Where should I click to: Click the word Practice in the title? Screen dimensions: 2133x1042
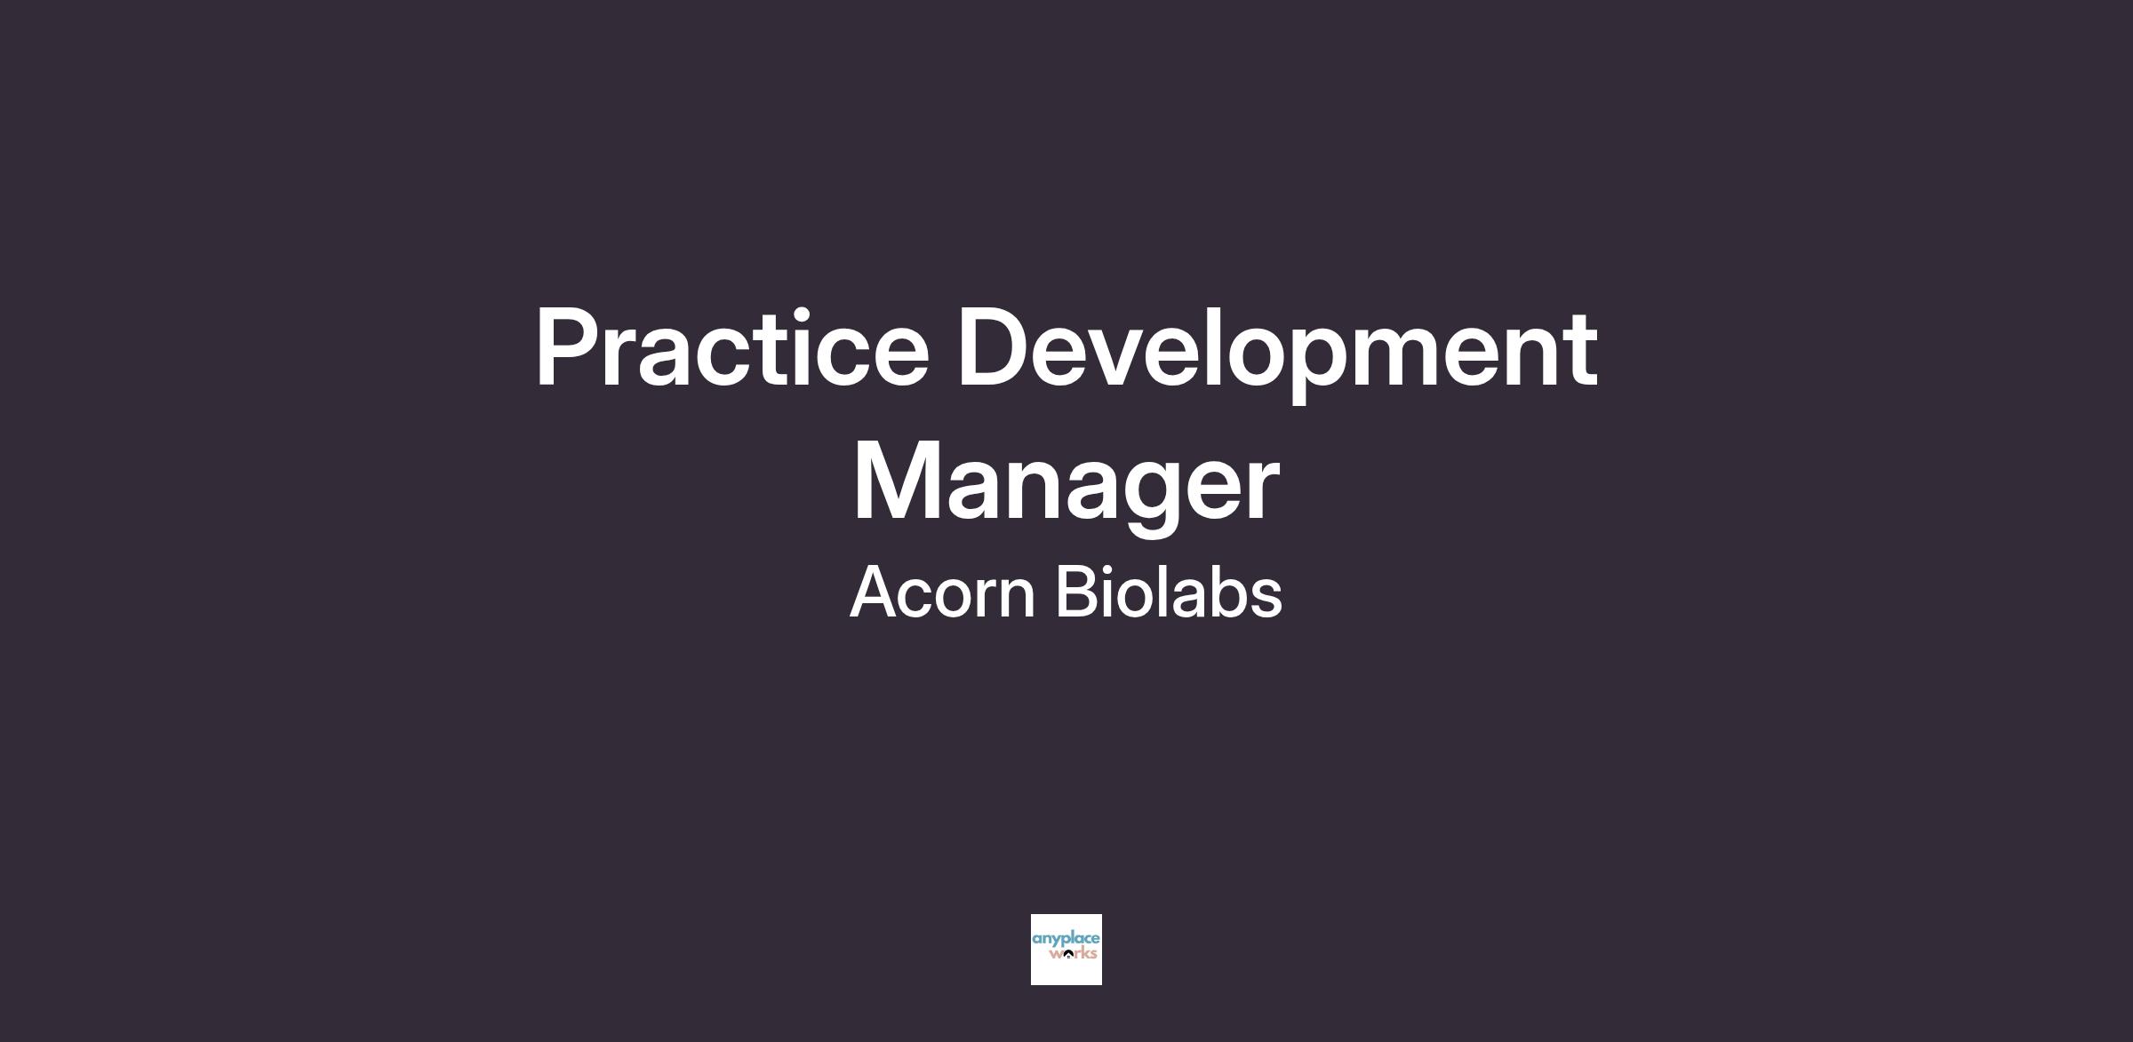tap(732, 347)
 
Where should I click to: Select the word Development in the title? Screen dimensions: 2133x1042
tap(1278, 354)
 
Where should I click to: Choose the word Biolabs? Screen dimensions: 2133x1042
tap(1169, 591)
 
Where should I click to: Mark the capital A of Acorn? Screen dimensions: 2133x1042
tap(880, 591)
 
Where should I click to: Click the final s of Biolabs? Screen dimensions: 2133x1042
tap(1264, 598)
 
